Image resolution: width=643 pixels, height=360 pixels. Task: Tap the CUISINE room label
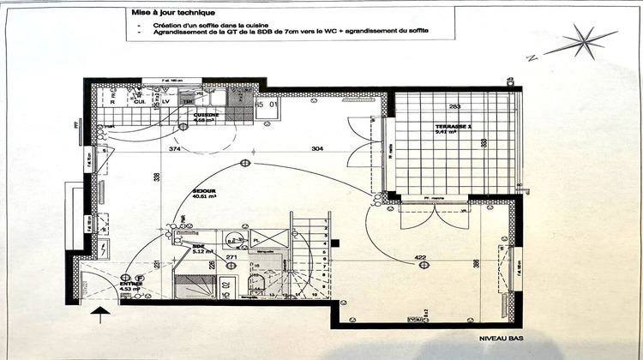(207, 117)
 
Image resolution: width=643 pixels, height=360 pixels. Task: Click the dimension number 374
(174, 149)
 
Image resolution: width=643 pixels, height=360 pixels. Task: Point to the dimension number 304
(293, 149)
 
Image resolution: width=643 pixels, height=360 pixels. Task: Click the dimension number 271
(231, 257)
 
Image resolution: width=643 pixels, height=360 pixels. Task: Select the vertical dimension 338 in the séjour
(156, 178)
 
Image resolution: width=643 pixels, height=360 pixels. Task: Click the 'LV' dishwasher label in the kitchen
(165, 101)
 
